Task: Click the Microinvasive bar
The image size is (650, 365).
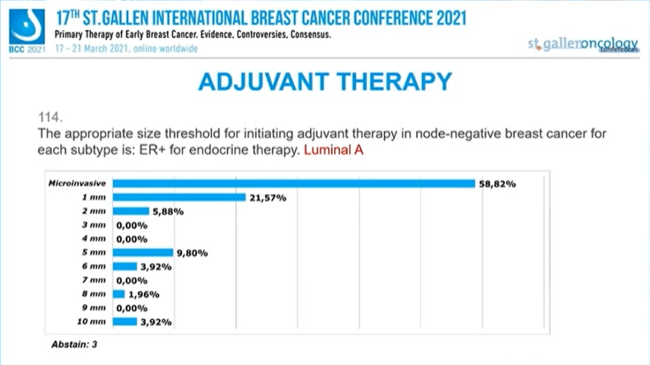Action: click(294, 184)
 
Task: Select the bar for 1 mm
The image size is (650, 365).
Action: click(179, 198)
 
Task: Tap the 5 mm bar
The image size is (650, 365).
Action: click(143, 253)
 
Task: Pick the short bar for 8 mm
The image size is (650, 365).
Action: click(119, 295)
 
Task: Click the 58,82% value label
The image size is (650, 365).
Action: click(497, 184)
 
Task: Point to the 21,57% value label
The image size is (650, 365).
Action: click(267, 198)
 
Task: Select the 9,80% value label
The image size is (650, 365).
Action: click(192, 254)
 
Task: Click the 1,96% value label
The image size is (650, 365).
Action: click(144, 295)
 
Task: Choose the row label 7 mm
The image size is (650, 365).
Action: click(95, 280)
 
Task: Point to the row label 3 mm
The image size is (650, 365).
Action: click(95, 225)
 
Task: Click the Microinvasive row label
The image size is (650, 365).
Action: click(77, 184)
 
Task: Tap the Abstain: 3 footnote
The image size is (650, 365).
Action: click(74, 345)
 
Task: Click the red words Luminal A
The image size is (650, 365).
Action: click(333, 150)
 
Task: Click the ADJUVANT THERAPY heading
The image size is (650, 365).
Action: click(324, 81)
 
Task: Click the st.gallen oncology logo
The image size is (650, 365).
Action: click(583, 44)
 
